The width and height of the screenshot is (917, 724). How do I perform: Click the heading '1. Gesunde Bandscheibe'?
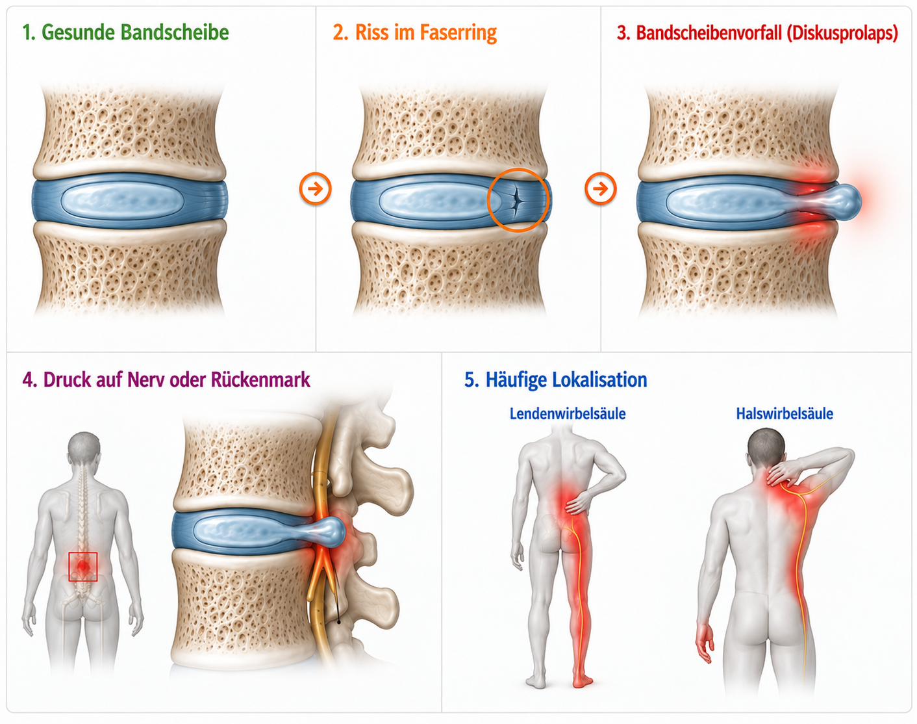(126, 32)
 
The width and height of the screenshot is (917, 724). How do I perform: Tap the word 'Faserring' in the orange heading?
(458, 32)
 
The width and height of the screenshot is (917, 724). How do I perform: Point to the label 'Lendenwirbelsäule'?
(568, 413)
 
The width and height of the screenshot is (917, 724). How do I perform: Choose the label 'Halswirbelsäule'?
(785, 413)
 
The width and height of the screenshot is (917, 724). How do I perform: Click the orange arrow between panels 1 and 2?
(316, 189)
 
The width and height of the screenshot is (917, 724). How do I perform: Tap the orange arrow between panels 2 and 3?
(600, 188)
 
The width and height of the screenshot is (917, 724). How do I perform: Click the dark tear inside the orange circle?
(516, 200)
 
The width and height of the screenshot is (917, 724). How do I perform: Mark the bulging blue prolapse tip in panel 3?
(844, 201)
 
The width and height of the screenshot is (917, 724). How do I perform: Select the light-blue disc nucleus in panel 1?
(123, 200)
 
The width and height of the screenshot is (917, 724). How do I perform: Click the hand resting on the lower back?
(579, 503)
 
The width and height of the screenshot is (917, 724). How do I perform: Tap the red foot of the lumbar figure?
(583, 680)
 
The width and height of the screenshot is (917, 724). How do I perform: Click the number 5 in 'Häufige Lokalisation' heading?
(469, 380)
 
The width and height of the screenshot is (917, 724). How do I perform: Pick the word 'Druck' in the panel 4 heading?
(68, 379)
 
